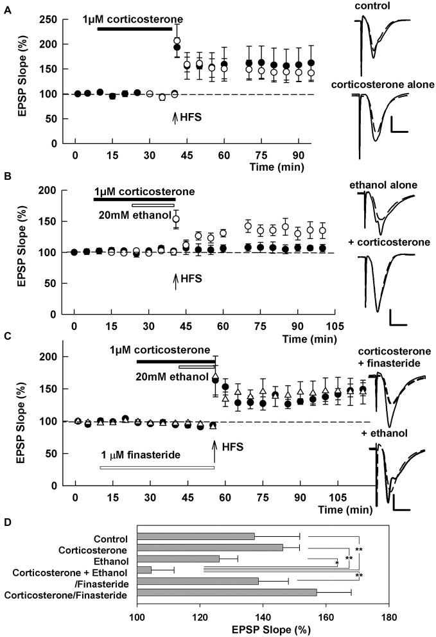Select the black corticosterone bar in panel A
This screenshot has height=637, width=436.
pyautogui.click(x=134, y=29)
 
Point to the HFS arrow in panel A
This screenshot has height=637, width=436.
pyautogui.click(x=175, y=118)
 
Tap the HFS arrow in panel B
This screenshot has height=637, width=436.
pyautogui.click(x=175, y=281)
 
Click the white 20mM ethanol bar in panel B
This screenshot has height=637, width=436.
pyautogui.click(x=157, y=205)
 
